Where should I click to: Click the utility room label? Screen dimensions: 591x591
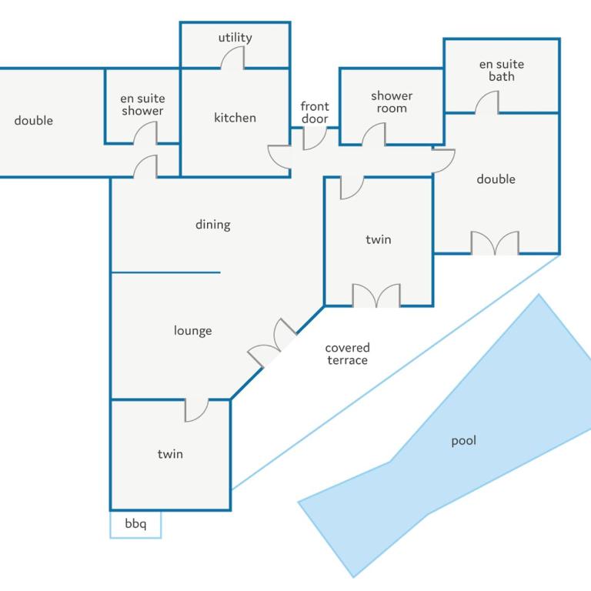coord(235,38)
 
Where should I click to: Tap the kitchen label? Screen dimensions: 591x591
coord(235,118)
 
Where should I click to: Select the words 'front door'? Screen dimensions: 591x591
coord(315,112)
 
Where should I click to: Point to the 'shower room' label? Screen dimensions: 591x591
coord(392,102)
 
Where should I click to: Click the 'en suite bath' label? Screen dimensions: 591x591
coord(502,71)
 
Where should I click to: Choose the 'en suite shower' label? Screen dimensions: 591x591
coord(142,105)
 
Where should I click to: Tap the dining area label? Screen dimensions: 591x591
coord(213,225)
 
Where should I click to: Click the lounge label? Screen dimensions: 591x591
coord(192,331)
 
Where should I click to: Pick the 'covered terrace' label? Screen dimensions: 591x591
coord(347,354)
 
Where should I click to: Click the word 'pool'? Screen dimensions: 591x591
coord(463,441)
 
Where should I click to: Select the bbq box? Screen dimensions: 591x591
coord(135,524)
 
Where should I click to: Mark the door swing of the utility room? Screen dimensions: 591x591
coord(232,58)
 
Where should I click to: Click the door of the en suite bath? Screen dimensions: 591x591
coord(487,102)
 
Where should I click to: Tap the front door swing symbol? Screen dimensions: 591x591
coord(315,139)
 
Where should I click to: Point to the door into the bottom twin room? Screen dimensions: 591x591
coord(196,410)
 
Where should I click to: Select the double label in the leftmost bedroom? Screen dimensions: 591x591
coord(34,121)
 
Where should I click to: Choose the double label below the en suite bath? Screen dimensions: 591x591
coord(496,179)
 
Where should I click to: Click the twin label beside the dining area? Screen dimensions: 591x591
coord(379,240)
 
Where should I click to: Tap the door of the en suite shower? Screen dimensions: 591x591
coord(145,133)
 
